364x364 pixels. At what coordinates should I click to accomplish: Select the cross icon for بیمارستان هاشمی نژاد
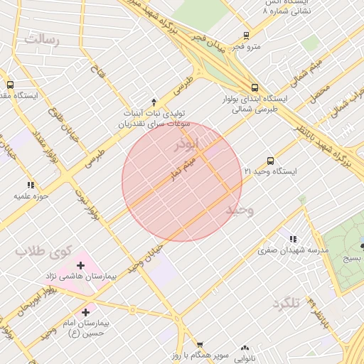[80, 265]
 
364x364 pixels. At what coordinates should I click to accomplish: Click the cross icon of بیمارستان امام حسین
[86, 311]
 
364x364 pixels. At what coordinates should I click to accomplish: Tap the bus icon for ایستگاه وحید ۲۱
[270, 161]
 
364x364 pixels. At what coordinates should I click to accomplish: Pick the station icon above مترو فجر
[246, 36]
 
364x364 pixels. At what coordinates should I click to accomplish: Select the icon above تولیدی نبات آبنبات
[154, 102]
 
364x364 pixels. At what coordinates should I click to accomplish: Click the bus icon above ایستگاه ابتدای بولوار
[255, 88]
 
